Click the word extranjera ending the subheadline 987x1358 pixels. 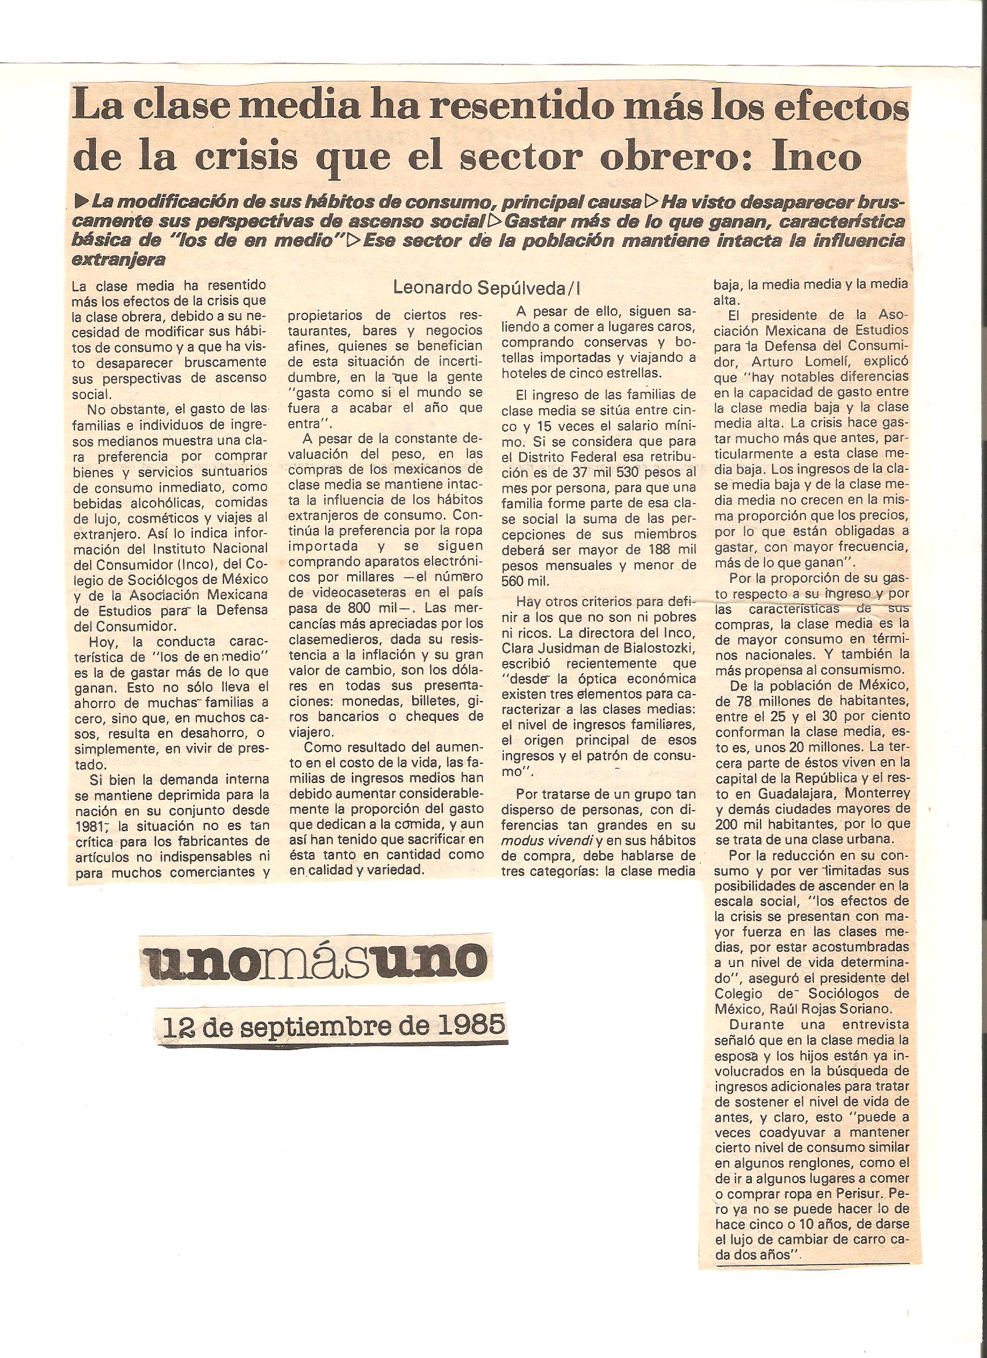point(117,260)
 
